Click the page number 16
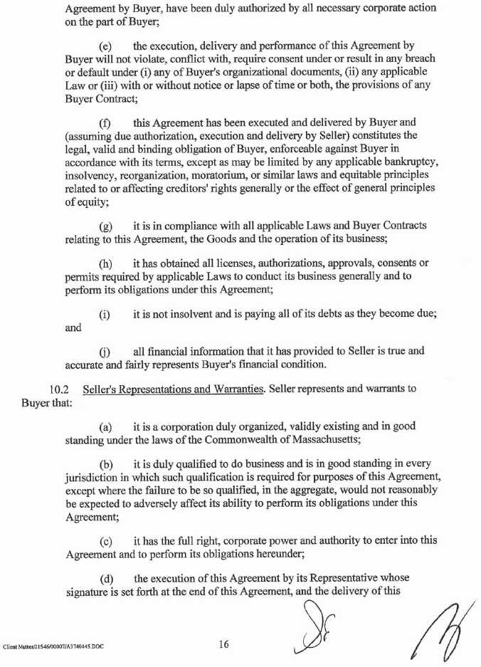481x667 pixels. point(223,644)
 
